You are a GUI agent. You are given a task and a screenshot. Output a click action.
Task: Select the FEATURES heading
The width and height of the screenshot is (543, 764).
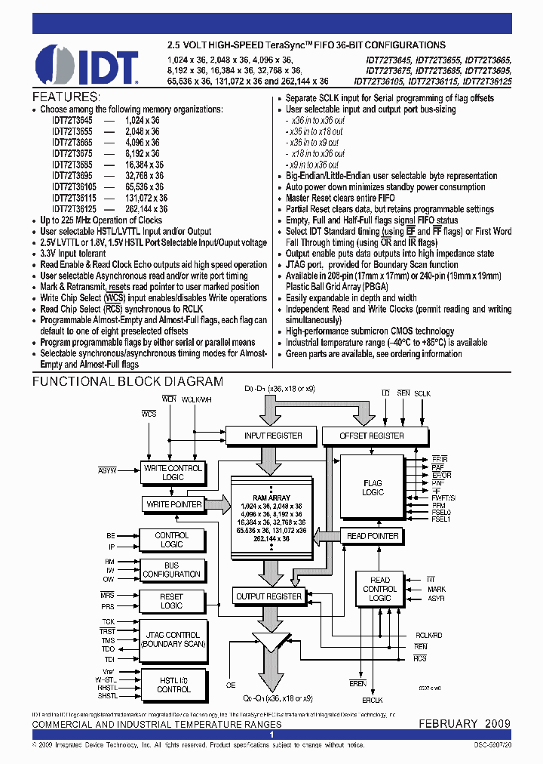66,98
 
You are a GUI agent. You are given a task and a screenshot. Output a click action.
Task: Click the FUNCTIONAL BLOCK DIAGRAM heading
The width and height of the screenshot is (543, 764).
127,382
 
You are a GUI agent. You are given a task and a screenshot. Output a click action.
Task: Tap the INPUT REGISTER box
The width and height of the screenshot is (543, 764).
273,436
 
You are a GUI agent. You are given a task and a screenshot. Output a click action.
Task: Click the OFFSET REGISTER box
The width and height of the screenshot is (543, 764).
371,436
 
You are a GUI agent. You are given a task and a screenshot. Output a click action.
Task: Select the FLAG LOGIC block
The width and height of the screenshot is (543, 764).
373,488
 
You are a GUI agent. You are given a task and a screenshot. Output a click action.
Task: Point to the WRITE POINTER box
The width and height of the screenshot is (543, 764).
174,504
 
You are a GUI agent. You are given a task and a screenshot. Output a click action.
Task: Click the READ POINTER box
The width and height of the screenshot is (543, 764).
373,536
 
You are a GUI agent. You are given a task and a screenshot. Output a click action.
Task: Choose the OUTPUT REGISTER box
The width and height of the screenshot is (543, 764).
268,596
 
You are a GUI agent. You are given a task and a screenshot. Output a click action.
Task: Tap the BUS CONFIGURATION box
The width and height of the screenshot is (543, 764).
172,569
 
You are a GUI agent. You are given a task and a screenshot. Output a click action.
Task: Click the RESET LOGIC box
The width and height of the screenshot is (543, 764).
172,601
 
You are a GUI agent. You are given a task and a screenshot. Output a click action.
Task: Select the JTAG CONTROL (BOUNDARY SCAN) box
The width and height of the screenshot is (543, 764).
172,639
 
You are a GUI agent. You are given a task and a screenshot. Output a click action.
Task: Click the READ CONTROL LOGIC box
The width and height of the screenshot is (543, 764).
379,590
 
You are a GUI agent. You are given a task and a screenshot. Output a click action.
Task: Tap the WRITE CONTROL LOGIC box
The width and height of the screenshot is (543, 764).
173,473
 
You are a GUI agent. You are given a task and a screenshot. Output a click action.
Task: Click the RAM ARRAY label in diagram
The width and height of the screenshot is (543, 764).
270,498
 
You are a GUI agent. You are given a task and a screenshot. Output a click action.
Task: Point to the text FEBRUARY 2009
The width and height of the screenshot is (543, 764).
465,723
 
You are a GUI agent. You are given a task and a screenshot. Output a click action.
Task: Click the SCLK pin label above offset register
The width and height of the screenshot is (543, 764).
422,394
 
